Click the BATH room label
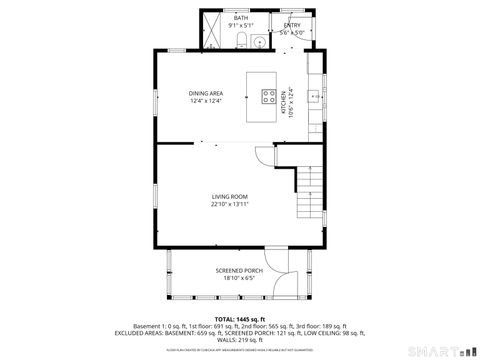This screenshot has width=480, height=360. click(241, 17)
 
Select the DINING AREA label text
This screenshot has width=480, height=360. click(206, 93)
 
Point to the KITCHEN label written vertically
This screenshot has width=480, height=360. click(284, 99)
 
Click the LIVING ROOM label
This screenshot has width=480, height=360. click(229, 196)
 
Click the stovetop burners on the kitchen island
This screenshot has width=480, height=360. click(269, 97)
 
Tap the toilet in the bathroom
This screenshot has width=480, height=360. click(241, 40)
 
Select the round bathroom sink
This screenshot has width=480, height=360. click(258, 41)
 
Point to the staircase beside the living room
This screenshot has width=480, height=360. click(312, 195)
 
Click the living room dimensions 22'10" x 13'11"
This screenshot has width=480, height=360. click(229, 204)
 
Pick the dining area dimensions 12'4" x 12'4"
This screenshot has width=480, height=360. click(206, 101)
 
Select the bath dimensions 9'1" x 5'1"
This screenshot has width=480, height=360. click(241, 25)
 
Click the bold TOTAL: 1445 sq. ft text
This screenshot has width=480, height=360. click(239, 318)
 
